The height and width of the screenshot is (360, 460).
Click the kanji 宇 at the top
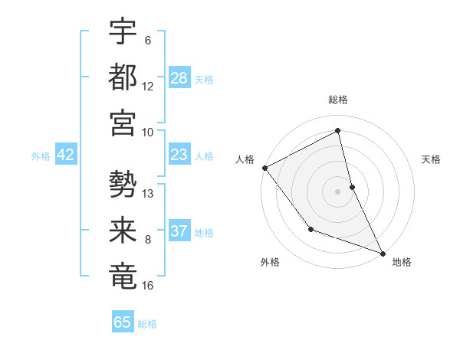(x=123, y=31)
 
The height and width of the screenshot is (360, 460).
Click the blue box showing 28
(x=179, y=78)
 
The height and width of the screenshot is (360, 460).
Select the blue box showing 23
(x=179, y=155)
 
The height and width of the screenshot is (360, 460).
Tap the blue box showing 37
(x=179, y=231)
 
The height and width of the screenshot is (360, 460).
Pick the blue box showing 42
(x=66, y=155)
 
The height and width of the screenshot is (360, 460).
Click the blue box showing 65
(x=123, y=322)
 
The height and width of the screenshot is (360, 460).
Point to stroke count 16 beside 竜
(x=148, y=286)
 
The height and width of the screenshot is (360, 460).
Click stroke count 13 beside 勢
(x=148, y=193)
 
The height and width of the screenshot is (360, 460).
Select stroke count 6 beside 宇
(x=148, y=41)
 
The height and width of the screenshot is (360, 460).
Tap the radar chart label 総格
(x=338, y=100)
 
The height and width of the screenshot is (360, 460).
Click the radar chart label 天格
(x=431, y=159)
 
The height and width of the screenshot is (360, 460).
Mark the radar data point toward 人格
(x=264, y=167)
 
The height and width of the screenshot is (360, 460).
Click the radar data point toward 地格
(x=383, y=253)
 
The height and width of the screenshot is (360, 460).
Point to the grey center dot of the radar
(x=338, y=191)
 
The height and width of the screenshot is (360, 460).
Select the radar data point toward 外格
(x=310, y=228)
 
